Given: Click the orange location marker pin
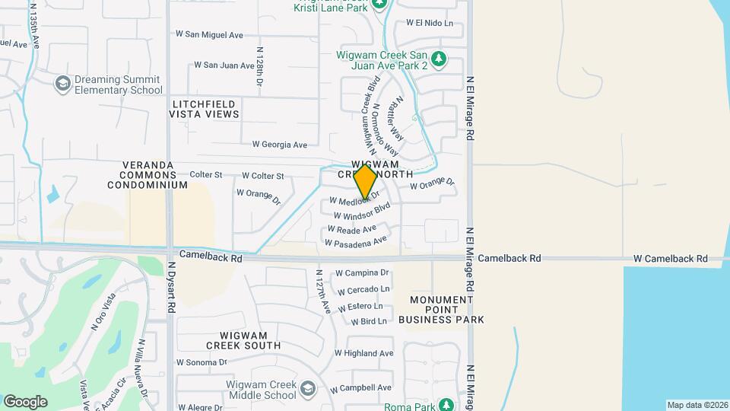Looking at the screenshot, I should point(366,182).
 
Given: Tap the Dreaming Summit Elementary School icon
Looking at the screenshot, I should point(63,81).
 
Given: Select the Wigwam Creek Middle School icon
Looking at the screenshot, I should point(307,389).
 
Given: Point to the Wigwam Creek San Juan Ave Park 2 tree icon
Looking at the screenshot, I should point(438,59).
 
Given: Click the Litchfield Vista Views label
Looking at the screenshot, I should point(205,109).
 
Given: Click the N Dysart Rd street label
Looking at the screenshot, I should point(172,286).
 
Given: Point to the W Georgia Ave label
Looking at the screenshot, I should point(280,145).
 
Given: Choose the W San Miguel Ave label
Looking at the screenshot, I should point(209,34).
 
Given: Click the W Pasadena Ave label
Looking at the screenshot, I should point(356,241).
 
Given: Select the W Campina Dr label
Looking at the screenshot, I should point(363,272).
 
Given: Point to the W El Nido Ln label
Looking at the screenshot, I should point(430,23).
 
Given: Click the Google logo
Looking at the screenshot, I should point(25,402).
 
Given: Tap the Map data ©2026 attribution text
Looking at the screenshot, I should point(697,405).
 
